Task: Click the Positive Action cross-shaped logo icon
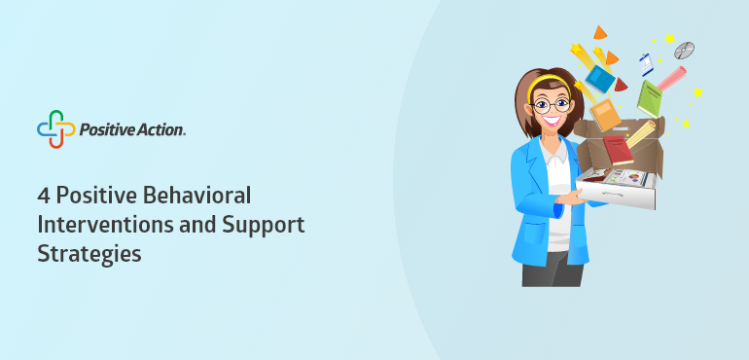(55, 129)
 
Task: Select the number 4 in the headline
(43, 196)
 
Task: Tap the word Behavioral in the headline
(196, 196)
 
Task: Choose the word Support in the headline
(264, 226)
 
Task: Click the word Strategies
(89, 254)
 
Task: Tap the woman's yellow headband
(549, 84)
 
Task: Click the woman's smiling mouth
(552, 120)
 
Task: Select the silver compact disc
(684, 51)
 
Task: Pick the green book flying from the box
(650, 99)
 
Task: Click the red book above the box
(618, 150)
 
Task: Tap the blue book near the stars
(600, 79)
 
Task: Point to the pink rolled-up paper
(671, 79)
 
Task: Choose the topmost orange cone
(600, 32)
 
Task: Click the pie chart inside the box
(634, 177)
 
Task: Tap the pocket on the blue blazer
(534, 234)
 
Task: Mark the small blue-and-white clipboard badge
(646, 64)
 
